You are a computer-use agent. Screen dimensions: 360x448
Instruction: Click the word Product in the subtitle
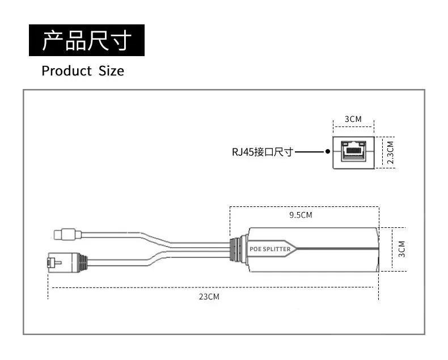pyautogui.click(x=66, y=71)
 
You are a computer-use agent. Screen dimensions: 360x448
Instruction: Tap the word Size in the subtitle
pyautogui.click(x=111, y=71)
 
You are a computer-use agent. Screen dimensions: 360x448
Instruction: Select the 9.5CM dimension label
pyautogui.click(x=301, y=215)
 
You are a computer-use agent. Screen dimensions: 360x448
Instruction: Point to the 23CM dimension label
pyautogui.click(x=208, y=297)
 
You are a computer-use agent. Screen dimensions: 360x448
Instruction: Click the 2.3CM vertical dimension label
pyautogui.click(x=390, y=152)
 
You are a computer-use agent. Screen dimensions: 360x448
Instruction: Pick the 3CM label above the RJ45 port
pyautogui.click(x=353, y=119)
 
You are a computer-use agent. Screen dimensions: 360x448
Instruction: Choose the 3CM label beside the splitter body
pyautogui.click(x=401, y=248)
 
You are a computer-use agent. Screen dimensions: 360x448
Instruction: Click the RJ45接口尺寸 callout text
pyautogui.click(x=262, y=152)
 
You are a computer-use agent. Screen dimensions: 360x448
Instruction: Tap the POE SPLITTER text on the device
pyautogui.click(x=270, y=249)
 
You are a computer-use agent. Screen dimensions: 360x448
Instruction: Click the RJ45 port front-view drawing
pyautogui.click(x=353, y=151)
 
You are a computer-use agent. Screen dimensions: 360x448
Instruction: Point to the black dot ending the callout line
pyautogui.click(x=328, y=152)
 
